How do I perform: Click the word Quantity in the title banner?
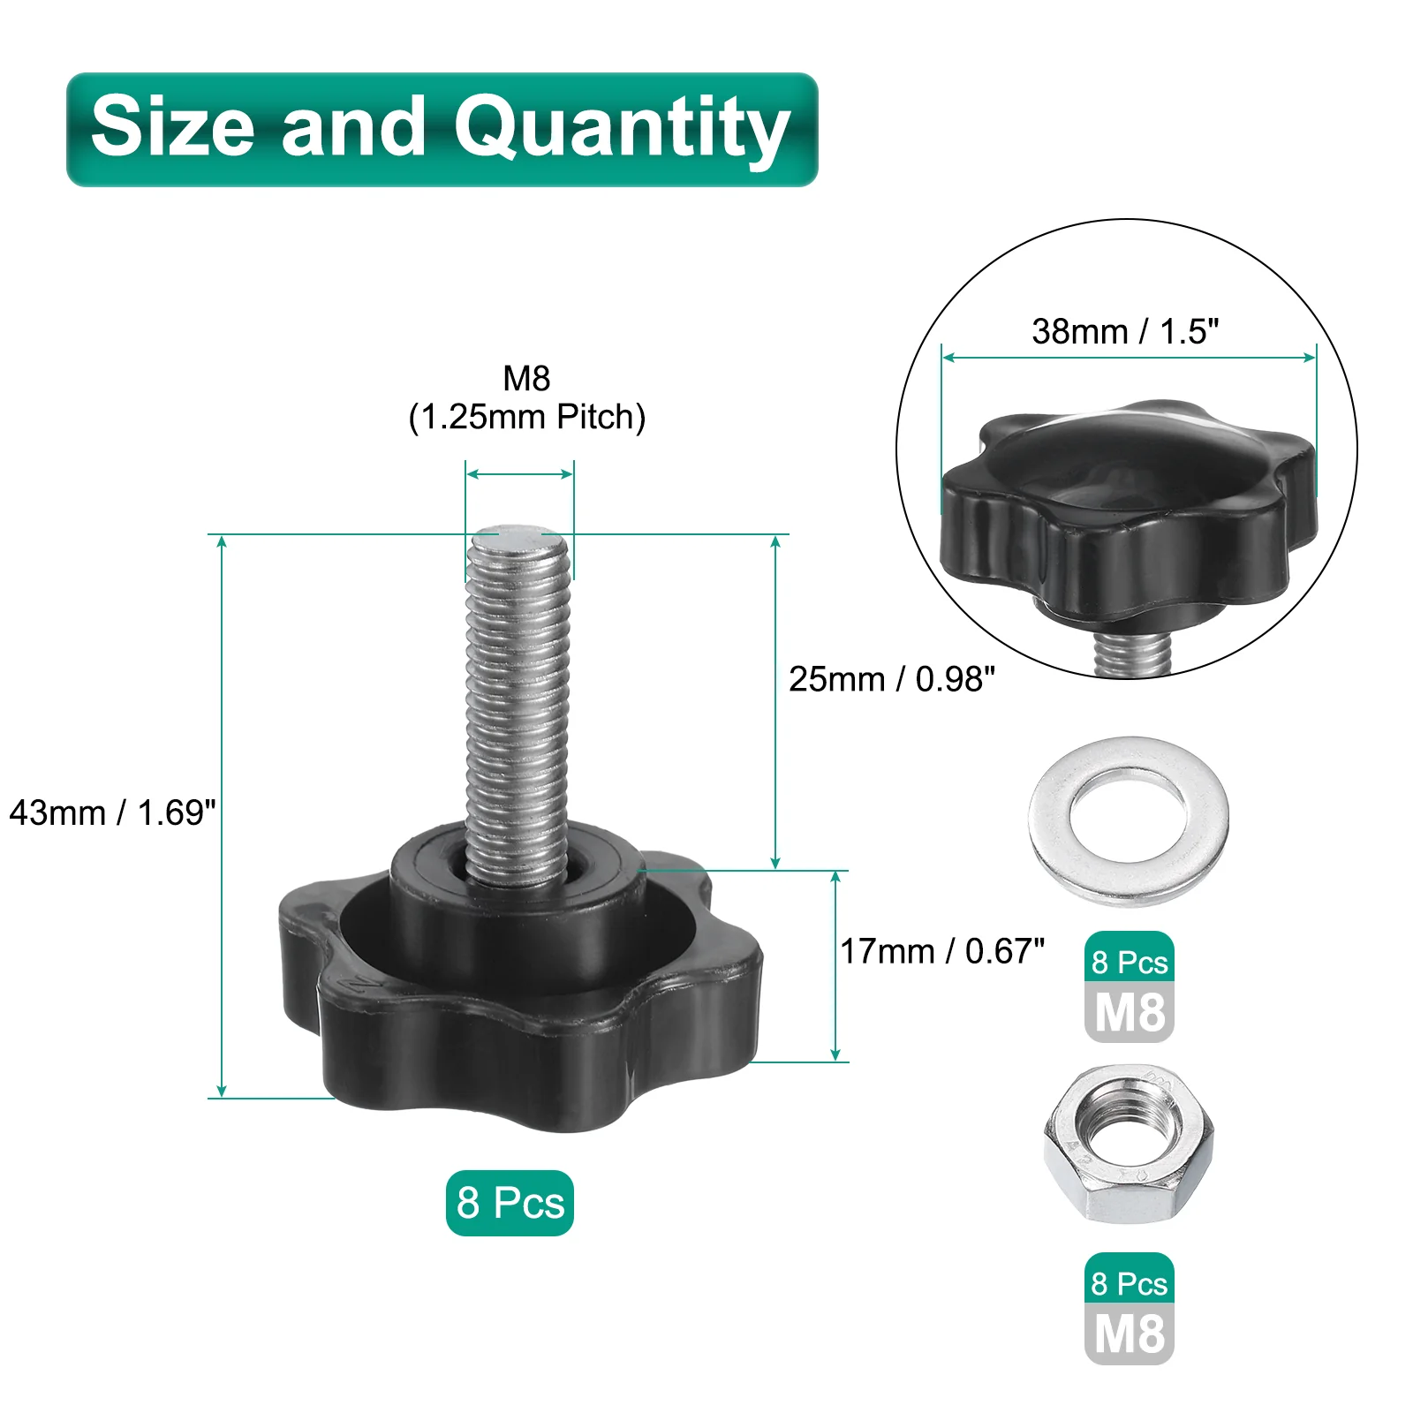(x=621, y=131)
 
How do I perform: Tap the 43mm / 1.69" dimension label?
(x=112, y=813)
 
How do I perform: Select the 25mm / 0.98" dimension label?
(x=892, y=679)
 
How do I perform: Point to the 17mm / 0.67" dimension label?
(x=942, y=951)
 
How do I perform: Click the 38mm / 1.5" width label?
(x=1125, y=331)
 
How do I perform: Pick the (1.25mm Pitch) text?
(x=527, y=417)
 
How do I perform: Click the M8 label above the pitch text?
(x=526, y=378)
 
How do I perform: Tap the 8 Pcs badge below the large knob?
(x=510, y=1203)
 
